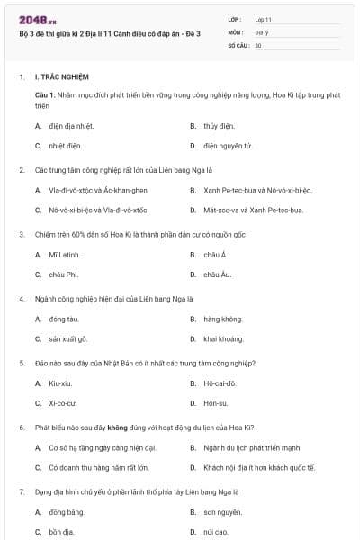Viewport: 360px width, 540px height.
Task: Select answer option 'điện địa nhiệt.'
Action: pyautogui.click(x=72, y=126)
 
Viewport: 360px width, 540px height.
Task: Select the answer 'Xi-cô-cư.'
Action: pyautogui.click(x=67, y=403)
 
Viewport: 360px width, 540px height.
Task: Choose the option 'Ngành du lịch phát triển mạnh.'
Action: pyautogui.click(x=251, y=448)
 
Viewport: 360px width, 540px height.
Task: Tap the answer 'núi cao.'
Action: pyautogui.click(x=217, y=532)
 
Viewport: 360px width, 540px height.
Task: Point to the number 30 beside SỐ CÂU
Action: pyautogui.click(x=258, y=44)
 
